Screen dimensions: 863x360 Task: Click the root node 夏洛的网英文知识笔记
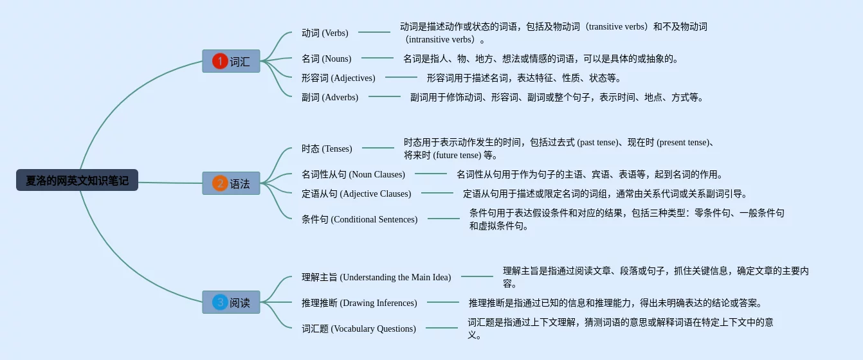coord(77,181)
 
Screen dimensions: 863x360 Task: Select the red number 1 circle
coord(220,61)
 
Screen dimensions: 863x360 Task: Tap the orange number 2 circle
coord(220,183)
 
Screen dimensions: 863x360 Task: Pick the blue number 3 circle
coord(220,302)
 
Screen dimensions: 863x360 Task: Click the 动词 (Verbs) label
coord(325,33)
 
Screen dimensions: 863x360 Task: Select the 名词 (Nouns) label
coord(326,59)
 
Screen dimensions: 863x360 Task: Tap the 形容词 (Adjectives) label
coord(338,78)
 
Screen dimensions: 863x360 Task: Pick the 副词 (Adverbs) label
coord(330,97)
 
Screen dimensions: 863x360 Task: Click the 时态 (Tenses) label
coord(327,148)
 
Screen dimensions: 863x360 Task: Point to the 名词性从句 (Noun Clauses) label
coord(353,174)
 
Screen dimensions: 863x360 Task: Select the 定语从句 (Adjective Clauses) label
coord(356,194)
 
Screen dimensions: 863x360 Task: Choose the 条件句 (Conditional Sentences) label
coord(359,219)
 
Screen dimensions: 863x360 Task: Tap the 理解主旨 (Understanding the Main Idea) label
coord(376,277)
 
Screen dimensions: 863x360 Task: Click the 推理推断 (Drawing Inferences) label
coord(359,303)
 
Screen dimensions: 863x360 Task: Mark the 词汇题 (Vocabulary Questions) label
coord(359,328)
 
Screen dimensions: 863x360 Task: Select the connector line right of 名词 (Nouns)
coord(377,58)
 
